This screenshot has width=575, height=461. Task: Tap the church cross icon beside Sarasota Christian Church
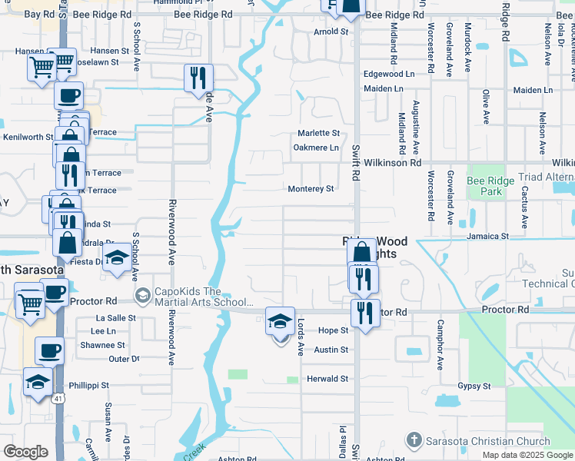414,440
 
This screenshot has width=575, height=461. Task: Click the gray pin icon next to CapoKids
142,295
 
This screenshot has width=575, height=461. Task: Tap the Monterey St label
311,189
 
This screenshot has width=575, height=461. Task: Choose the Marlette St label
319,133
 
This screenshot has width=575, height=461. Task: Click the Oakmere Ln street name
316,148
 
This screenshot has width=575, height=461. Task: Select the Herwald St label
328,379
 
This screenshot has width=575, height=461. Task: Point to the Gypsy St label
474,386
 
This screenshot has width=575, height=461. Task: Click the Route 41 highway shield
58,399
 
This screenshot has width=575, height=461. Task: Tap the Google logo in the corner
25,452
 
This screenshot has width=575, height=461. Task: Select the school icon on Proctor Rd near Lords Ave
280,320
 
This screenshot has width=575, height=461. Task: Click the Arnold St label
331,32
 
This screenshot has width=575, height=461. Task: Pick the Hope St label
334,330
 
